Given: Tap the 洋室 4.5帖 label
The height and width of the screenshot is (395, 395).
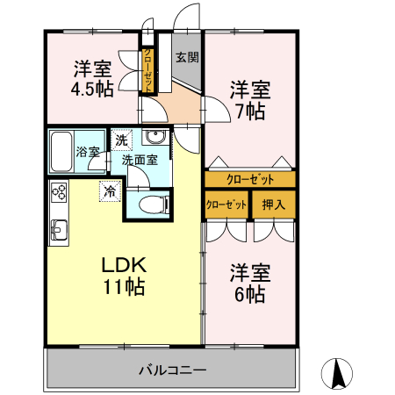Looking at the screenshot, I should [91, 79].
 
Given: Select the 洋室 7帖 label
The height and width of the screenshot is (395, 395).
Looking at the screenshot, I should [249, 100].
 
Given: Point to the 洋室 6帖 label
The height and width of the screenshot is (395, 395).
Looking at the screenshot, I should [249, 283].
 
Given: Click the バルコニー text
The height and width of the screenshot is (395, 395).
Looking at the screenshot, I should [172, 370].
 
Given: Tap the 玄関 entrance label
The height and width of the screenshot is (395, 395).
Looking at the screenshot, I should [186, 58].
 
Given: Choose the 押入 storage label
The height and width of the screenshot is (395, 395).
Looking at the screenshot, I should [274, 205].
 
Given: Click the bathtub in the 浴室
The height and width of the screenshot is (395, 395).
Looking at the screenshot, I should [61, 152].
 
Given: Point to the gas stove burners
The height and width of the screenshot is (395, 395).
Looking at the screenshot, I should [59, 191].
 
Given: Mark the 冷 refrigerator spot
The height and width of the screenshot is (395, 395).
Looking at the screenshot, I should [111, 189].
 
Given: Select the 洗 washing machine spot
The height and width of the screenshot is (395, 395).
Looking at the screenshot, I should [121, 139].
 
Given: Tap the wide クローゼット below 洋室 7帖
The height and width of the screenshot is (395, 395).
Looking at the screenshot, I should [250, 179].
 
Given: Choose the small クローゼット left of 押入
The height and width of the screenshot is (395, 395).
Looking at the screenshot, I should [226, 205].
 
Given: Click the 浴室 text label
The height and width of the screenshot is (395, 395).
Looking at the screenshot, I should [88, 152].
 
